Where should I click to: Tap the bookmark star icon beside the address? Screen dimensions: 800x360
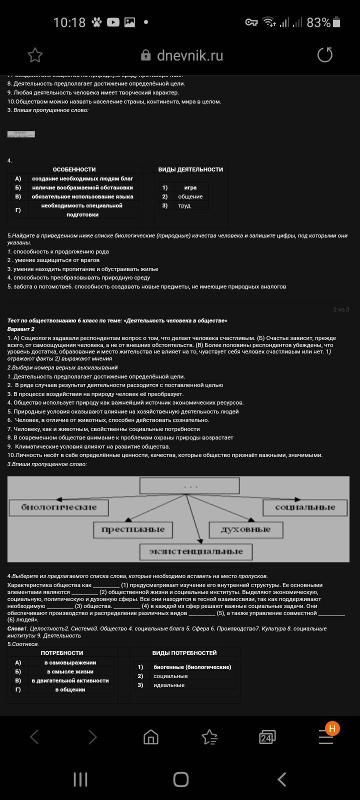(35, 55)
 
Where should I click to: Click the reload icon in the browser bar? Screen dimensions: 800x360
(325, 55)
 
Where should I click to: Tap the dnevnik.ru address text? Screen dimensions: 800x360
(189, 55)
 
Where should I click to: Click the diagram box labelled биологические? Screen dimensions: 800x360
(58, 507)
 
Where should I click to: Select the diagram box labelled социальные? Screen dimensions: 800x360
(305, 507)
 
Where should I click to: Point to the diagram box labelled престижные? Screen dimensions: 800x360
(132, 529)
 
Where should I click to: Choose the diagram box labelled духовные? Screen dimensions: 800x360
(245, 529)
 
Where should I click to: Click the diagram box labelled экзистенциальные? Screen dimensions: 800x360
(195, 551)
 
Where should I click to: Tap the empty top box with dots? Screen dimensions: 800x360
(189, 485)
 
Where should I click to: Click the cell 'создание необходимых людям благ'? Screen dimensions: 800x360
(82, 178)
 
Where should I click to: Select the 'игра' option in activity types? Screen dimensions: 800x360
(190, 187)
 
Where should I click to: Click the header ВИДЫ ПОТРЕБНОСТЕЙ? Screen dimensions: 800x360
(184, 653)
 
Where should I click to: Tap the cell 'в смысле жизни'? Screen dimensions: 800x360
(70, 671)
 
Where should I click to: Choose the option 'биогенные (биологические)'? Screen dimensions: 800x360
(192, 667)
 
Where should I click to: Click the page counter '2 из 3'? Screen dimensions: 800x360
(341, 309)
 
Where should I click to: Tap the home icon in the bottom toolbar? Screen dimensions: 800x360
(150, 737)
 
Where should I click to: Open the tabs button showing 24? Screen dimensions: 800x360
(267, 737)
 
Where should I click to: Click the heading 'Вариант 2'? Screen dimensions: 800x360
(21, 329)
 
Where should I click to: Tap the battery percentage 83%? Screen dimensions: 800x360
(318, 22)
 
